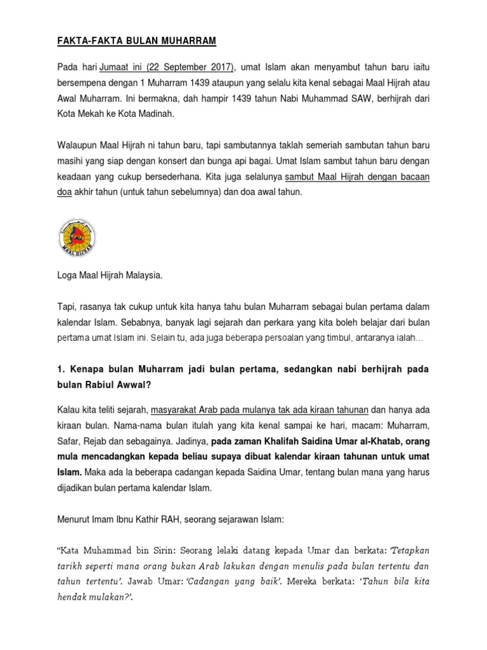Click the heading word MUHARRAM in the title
tap(187, 42)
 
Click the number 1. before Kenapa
tap(61, 369)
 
